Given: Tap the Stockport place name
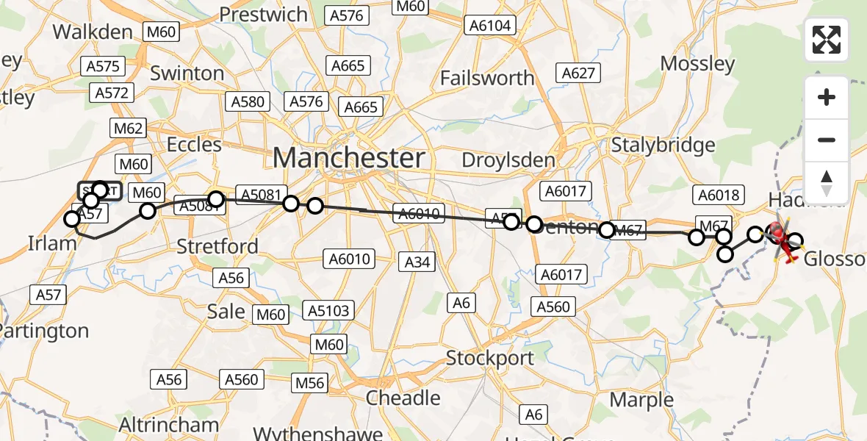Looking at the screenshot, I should [x=491, y=359].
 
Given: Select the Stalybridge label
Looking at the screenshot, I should [x=663, y=144].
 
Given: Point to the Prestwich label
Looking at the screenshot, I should [x=263, y=14].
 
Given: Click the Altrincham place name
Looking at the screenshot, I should [x=169, y=424].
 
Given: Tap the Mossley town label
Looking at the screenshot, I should [x=697, y=63].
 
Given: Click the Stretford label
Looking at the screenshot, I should [x=217, y=245].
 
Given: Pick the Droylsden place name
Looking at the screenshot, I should [x=508, y=159].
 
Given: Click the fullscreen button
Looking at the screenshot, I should [x=827, y=40].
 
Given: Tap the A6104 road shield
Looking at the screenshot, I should [x=490, y=25].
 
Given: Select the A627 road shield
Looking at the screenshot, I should [x=578, y=73].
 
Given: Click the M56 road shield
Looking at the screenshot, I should [x=310, y=383].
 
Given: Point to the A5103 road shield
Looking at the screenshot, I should [x=328, y=311].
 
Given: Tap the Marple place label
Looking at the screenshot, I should [x=641, y=400].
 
